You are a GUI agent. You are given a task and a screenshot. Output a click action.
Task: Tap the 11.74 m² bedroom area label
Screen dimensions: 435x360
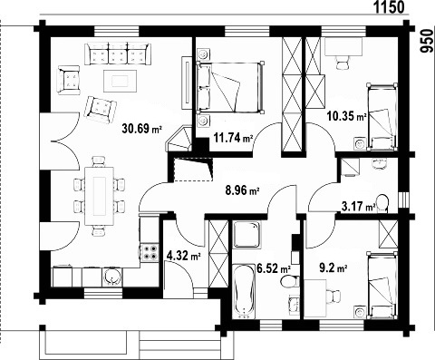pyautogui.click(x=233, y=138)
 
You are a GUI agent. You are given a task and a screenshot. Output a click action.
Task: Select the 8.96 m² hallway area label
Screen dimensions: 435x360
pyautogui.click(x=242, y=190)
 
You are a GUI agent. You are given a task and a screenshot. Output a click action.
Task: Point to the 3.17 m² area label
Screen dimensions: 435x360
pyautogui.click(x=358, y=207)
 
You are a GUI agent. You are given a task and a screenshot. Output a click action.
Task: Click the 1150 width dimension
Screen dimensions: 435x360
pyautogui.click(x=390, y=7)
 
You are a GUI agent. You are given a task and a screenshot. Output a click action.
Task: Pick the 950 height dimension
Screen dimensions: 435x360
pyautogui.click(x=426, y=42)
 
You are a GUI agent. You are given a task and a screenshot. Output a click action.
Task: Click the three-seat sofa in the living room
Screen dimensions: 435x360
pyautogui.click(x=118, y=54)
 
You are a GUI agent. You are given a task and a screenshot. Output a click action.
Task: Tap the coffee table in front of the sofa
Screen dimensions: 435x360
pyautogui.click(x=121, y=81)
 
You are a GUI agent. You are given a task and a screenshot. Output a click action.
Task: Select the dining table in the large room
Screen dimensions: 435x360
pyautogui.click(x=100, y=196)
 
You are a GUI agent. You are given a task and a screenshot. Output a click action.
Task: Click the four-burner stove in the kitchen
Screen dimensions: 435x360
pyautogui.click(x=150, y=253)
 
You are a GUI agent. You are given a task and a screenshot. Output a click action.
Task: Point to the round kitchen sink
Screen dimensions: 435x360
pyautogui.click(x=112, y=277)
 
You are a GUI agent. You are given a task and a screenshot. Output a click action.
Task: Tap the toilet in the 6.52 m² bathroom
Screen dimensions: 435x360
pyautogui.click(x=289, y=281)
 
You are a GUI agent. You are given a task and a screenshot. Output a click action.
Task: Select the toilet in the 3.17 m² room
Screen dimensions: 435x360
pyautogui.click(x=382, y=203)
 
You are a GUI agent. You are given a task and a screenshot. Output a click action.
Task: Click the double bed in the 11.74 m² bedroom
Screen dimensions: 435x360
pyautogui.click(x=230, y=88)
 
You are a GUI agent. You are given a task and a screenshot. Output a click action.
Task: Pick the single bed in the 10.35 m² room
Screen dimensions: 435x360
pyautogui.click(x=382, y=117)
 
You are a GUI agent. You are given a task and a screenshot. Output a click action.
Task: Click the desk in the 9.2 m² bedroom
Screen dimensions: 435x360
pyautogui.click(x=315, y=298)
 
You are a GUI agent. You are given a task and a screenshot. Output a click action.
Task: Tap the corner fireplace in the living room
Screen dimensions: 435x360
pyautogui.click(x=179, y=139)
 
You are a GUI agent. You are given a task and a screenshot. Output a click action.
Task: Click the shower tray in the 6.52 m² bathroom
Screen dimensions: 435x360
pyautogui.click(x=246, y=234)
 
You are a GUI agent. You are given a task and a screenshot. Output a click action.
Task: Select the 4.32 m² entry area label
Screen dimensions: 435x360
pyautogui.click(x=184, y=257)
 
